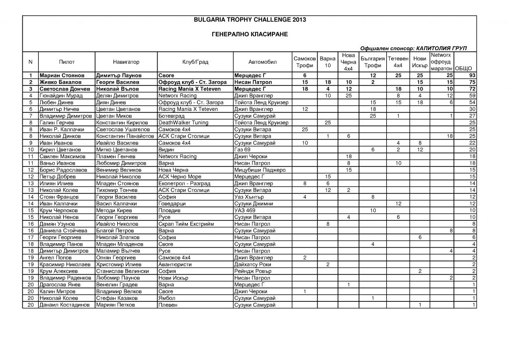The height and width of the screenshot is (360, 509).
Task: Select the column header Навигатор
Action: point(126,62)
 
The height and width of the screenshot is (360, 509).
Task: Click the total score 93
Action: point(472,75)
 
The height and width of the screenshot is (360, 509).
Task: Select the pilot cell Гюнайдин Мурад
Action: point(59,95)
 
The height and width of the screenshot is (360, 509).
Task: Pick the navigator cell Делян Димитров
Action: point(115,95)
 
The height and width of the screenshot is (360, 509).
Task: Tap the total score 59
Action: point(472,95)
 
